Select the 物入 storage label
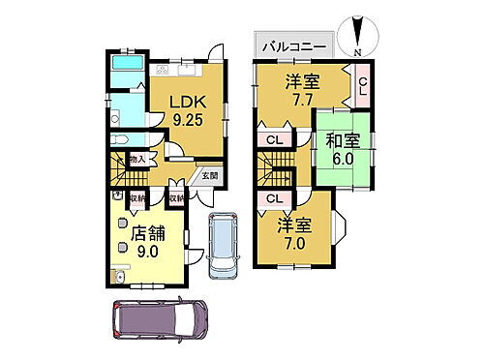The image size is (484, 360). coord(136,159)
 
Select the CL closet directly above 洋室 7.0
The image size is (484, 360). coord(273,199)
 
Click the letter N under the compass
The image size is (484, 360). coord(357,50)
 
